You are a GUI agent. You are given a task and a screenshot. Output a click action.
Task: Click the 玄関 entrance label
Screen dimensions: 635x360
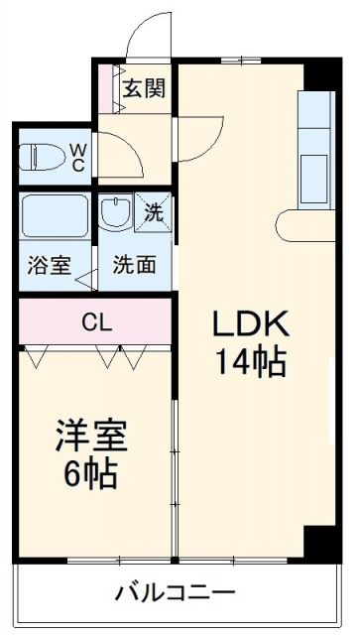tap(144, 87)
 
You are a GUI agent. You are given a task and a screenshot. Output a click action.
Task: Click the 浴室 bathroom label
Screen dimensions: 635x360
tap(49, 266)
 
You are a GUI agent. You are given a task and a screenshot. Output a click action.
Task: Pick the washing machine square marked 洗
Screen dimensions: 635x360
tap(153, 210)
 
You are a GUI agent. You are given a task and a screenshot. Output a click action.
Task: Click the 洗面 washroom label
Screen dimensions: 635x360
tap(133, 266)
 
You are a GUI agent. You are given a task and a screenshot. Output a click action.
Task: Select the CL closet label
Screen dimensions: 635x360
tap(96, 321)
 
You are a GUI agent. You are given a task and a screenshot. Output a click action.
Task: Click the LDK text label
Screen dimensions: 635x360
tap(249, 324)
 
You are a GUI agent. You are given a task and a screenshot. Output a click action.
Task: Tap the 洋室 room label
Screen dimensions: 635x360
tap(87, 437)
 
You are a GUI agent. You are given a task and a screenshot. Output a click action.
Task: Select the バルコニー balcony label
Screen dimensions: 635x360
tap(175, 594)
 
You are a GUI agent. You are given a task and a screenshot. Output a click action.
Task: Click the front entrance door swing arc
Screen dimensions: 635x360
tap(149, 38)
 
